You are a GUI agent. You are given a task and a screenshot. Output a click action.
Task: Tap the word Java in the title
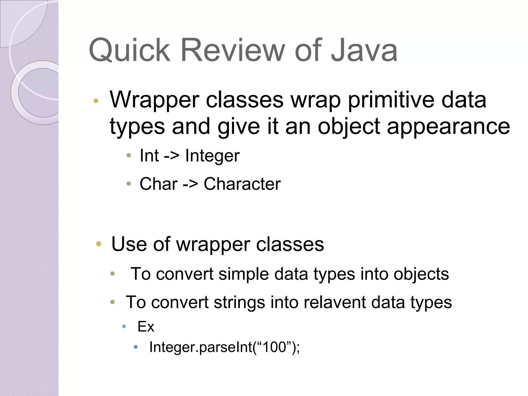pyautogui.click(x=364, y=50)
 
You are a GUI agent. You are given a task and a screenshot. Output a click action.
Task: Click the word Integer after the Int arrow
pyautogui.click(x=212, y=156)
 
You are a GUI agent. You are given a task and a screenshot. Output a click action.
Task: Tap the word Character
pyautogui.click(x=242, y=184)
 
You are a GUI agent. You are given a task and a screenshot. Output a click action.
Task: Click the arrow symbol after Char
pyautogui.click(x=190, y=185)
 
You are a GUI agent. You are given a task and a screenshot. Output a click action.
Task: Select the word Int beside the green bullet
pyautogui.click(x=149, y=156)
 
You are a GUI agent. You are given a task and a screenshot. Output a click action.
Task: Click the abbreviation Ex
pyautogui.click(x=146, y=327)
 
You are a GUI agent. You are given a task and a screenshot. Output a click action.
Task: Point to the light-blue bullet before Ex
pyautogui.click(x=124, y=326)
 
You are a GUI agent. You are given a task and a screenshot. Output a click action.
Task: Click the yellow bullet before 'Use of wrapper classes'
pyautogui.click(x=98, y=244)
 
